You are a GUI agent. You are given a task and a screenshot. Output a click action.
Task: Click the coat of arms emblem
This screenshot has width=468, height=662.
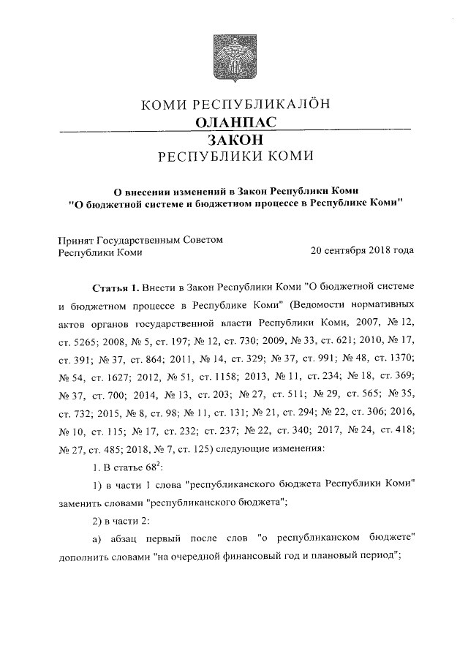click(234, 59)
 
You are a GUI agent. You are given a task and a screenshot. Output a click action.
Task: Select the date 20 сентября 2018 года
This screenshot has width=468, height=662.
click(362, 251)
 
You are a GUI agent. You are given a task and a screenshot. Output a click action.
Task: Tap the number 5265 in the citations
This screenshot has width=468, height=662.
click(86, 340)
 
